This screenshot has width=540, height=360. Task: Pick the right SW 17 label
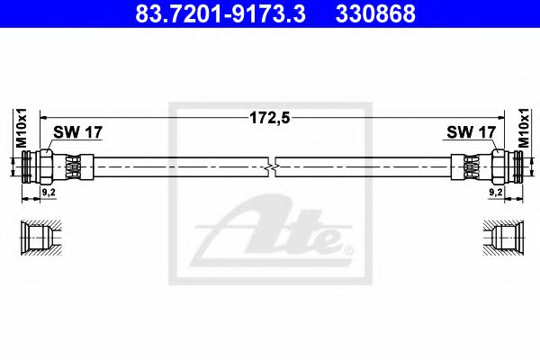[x=471, y=132]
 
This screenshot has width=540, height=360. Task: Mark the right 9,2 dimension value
[x=494, y=192]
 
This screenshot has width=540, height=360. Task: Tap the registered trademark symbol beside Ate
[x=349, y=248]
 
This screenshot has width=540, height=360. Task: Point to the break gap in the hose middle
[x=274, y=166]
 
